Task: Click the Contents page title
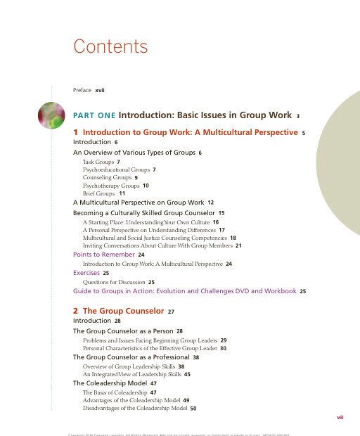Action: (x=110, y=47)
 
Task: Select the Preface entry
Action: (x=83, y=90)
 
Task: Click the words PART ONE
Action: (x=94, y=115)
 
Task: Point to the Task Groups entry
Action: (x=98, y=162)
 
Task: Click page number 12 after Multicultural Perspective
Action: (x=210, y=203)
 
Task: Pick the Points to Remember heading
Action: (x=104, y=255)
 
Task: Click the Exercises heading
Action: (x=86, y=271)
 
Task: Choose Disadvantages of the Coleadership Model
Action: (x=134, y=408)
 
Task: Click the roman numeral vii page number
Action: (x=340, y=417)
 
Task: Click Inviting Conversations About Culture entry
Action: (x=157, y=245)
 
